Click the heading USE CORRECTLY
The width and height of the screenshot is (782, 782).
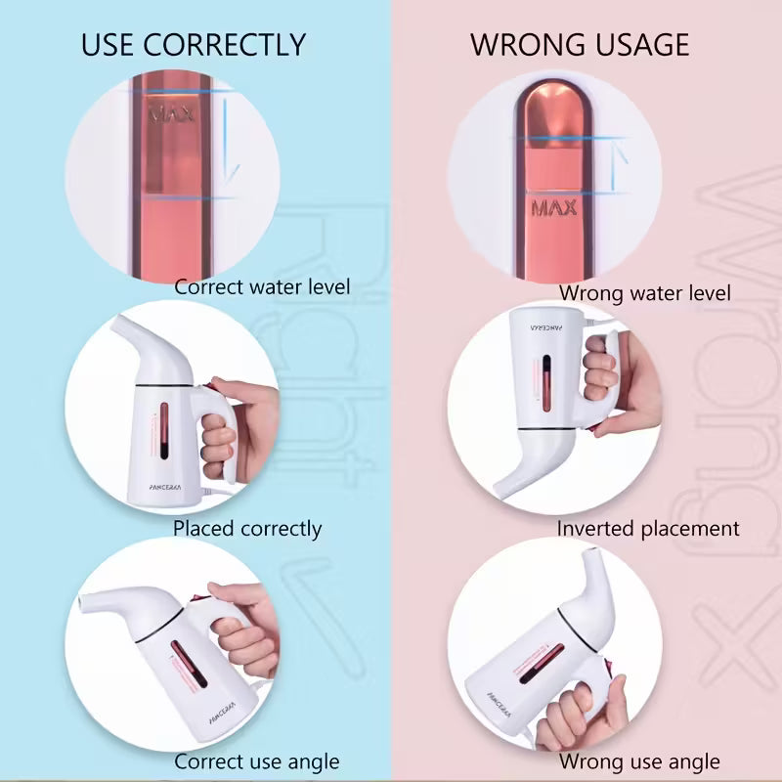coord(193,45)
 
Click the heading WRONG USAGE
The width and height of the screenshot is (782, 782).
coord(580,45)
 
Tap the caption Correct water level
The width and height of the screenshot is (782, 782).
coord(262,287)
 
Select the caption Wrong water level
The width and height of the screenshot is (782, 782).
coord(644,292)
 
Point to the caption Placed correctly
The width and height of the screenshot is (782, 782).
coord(247,529)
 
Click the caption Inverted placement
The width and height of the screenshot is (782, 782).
coord(648,529)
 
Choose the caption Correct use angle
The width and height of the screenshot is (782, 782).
coord(256,761)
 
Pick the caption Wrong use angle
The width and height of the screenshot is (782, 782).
coord(639,761)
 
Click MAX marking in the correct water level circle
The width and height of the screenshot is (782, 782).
coord(166,113)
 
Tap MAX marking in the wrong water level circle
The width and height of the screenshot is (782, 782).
coord(554,207)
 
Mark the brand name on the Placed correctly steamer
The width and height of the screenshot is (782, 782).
coord(158,481)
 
